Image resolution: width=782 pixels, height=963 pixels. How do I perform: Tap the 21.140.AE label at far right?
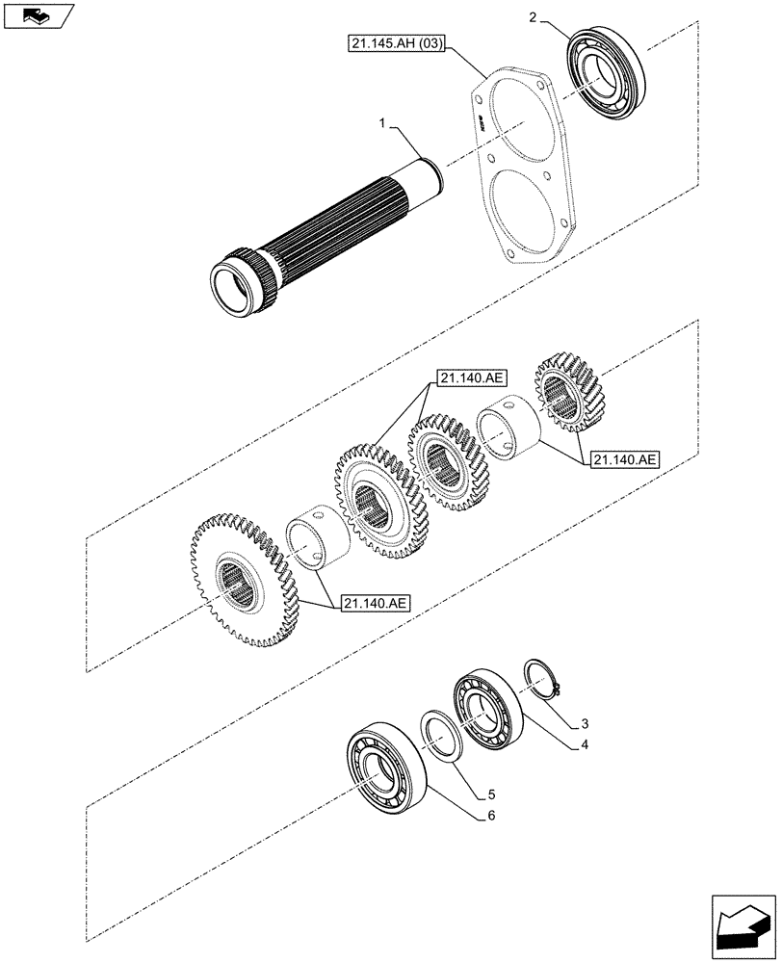click(x=625, y=460)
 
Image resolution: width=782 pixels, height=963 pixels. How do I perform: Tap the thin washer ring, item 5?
click(x=442, y=737)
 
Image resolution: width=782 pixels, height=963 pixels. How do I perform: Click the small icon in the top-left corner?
click(x=37, y=14)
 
